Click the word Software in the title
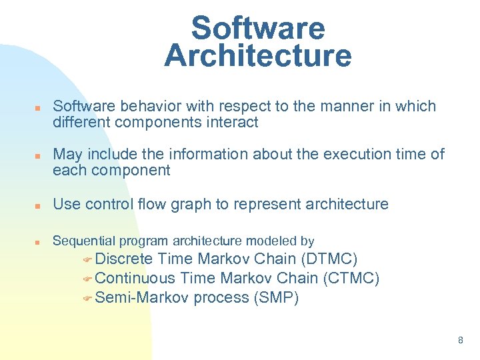click(x=257, y=29)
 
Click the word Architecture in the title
click(x=257, y=56)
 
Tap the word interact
click(x=233, y=123)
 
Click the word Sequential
click(x=83, y=241)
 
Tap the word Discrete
click(x=124, y=259)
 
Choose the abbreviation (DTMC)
click(x=329, y=259)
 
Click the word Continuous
click(x=135, y=278)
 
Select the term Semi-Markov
click(x=142, y=297)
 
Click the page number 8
click(x=460, y=341)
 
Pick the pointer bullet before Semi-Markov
click(x=88, y=299)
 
